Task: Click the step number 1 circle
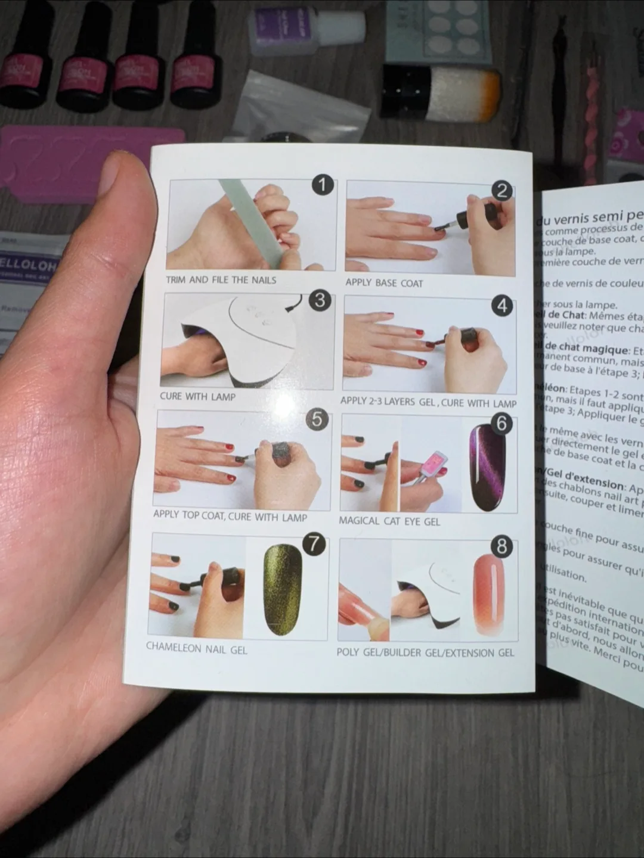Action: [323, 185]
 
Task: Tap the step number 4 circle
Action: [502, 306]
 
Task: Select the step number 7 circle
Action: [314, 543]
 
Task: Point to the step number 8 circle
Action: [502, 546]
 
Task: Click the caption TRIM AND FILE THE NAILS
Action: [221, 279]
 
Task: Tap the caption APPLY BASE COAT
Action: [384, 283]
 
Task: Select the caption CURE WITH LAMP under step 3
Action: [197, 396]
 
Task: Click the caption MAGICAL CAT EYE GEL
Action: [389, 521]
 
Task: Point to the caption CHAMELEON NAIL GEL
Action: [196, 648]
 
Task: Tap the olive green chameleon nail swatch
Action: [283, 589]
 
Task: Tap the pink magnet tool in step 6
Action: [434, 464]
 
